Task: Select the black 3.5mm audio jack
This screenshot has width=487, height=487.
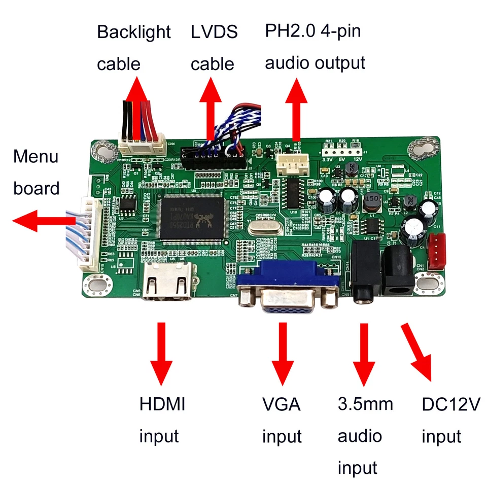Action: [x=364, y=276]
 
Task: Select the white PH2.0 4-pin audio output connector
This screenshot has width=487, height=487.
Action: [x=293, y=165]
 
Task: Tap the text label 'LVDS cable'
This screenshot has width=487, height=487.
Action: [x=213, y=48]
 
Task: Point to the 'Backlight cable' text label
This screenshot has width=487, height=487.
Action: [x=133, y=48]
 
